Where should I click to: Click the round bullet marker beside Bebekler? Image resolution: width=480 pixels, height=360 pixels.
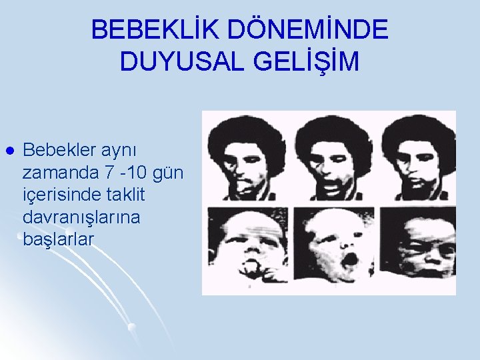point(8,151)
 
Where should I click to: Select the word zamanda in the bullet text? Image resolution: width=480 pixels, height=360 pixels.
point(61,173)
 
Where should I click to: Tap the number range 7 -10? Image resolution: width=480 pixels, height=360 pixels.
point(127,173)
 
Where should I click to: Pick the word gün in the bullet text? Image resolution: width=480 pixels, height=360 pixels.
point(169,173)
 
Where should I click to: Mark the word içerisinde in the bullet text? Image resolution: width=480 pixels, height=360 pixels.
point(63,195)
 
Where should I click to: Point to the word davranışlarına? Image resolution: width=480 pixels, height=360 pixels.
point(81,217)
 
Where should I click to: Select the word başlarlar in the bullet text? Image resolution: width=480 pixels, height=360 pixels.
point(59,239)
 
